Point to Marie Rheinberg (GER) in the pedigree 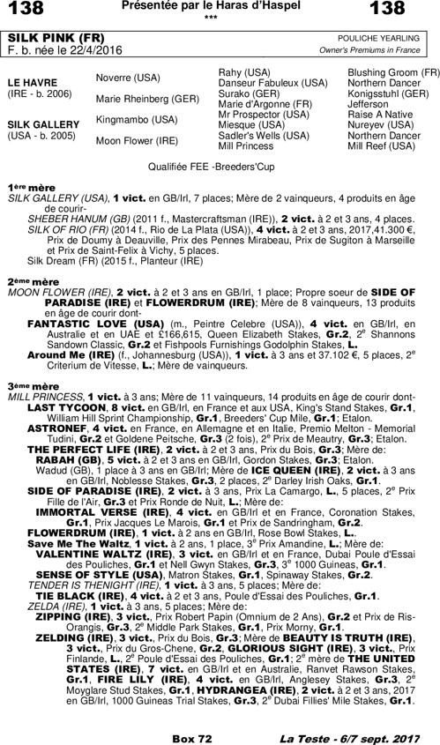(135, 98)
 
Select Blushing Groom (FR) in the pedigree (393, 71)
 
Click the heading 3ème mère (32, 386)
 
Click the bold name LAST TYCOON (62, 407)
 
